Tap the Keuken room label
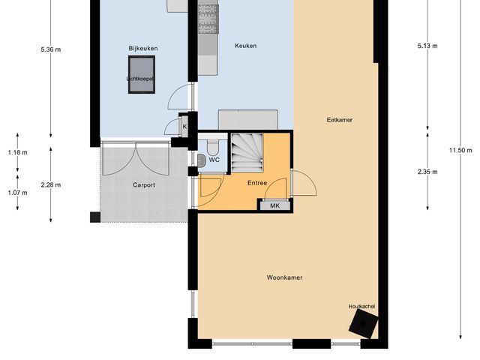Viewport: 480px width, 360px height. tap(245, 46)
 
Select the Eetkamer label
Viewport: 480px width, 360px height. tap(339, 120)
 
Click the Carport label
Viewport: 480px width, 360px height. tap(144, 184)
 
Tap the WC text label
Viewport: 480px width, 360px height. tap(214, 160)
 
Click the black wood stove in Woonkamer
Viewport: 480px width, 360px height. tap(364, 325)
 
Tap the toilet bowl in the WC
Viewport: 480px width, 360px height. tap(202, 159)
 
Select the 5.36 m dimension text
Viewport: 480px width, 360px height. tap(51, 50)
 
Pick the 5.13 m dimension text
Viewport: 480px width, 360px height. tap(427, 46)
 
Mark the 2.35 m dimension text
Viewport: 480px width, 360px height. tap(427, 172)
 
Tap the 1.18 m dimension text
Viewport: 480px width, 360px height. tap(16, 152)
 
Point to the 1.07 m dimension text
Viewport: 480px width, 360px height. tap(16, 192)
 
